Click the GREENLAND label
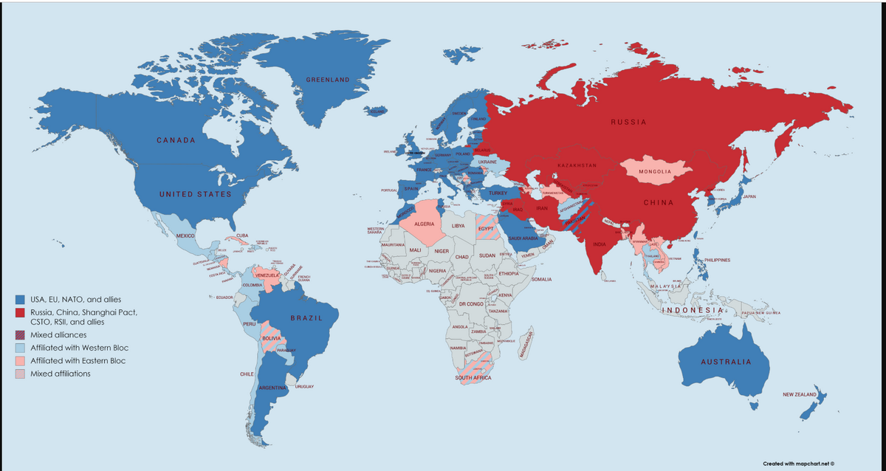click(x=328, y=80)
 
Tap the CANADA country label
click(x=176, y=140)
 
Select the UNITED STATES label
click(x=195, y=194)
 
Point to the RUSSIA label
click(x=628, y=122)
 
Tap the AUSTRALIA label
click(x=726, y=362)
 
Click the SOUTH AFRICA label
click(x=473, y=378)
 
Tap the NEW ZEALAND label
click(x=800, y=396)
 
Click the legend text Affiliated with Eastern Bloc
click(x=78, y=361)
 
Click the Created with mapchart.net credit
click(x=798, y=464)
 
